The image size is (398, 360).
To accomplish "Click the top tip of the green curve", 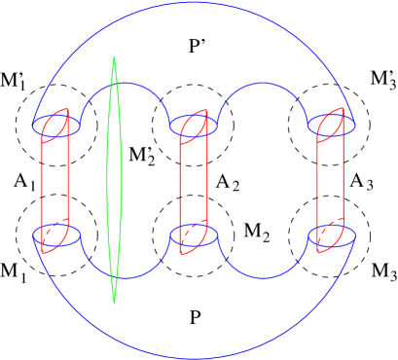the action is pos(115,57).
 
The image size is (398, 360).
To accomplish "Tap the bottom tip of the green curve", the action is pos(115,302).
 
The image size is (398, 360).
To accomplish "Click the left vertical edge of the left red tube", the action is pos(42,185).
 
